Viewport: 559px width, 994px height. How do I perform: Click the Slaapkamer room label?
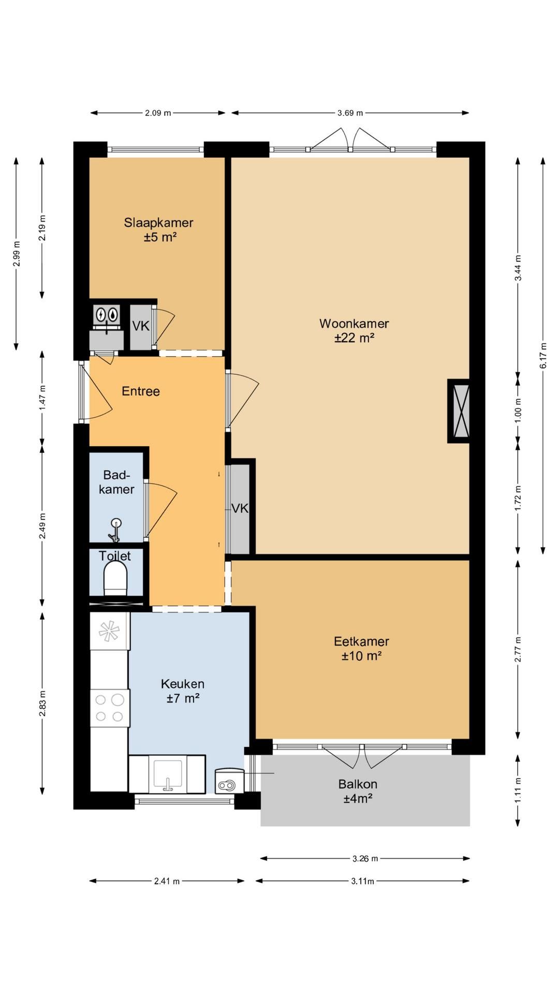[x=158, y=230]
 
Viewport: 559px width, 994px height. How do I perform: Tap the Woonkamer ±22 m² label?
[x=354, y=330]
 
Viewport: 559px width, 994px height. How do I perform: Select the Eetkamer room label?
[x=361, y=648]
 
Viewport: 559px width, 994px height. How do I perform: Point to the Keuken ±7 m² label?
[x=183, y=691]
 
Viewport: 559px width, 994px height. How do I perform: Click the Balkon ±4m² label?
[x=358, y=791]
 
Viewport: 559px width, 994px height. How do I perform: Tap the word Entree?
[x=141, y=391]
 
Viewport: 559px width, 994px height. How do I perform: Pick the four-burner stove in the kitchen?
[x=110, y=708]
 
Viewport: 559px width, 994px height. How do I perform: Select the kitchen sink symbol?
[x=167, y=775]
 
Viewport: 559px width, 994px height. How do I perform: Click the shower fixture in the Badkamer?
[x=115, y=529]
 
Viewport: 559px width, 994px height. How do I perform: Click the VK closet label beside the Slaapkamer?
[x=141, y=326]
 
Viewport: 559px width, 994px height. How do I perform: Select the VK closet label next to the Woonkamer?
[x=240, y=508]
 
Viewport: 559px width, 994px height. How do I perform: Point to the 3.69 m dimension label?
[x=350, y=113]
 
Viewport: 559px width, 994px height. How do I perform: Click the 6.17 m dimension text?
[x=543, y=356]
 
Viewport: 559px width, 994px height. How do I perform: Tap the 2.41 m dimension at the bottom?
[x=167, y=881]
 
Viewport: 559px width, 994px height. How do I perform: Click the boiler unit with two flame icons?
[x=107, y=314]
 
